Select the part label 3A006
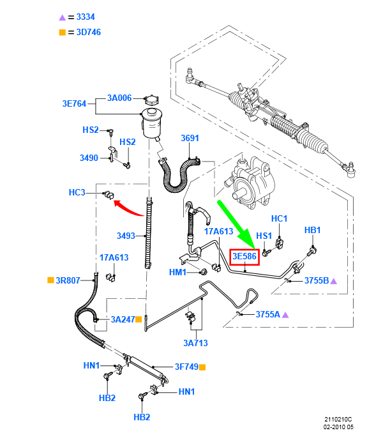click(119, 98)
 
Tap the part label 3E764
click(74, 103)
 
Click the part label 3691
click(190, 138)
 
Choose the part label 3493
click(126, 236)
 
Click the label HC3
click(77, 192)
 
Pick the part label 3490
click(89, 157)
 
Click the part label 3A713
click(196, 343)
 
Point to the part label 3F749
click(186, 367)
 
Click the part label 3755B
click(316, 280)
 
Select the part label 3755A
click(267, 314)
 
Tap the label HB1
click(312, 230)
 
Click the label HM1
click(177, 273)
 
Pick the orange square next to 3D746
click(62, 32)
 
